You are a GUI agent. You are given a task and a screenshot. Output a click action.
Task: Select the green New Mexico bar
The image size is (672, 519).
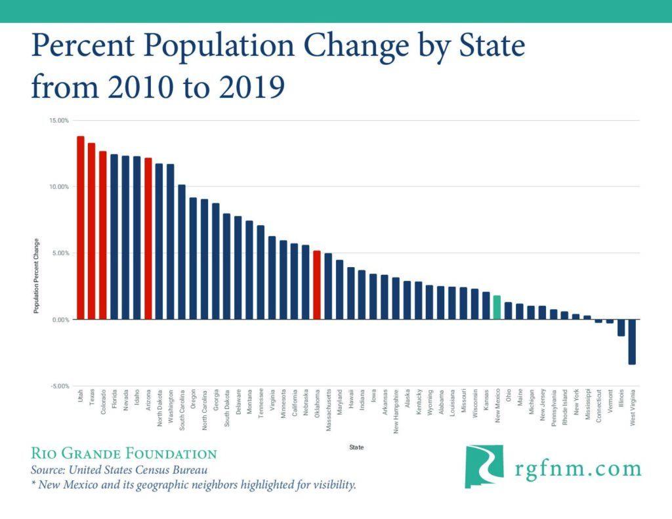(497, 307)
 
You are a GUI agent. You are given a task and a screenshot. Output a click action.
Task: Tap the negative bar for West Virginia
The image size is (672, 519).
(632, 341)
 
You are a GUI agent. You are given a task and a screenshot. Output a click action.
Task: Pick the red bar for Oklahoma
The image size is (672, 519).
(317, 285)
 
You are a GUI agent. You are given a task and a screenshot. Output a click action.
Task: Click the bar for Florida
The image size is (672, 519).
(114, 237)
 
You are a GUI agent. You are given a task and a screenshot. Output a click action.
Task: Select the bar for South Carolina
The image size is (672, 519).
(182, 252)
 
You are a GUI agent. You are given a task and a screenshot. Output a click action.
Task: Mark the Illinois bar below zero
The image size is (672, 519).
(621, 327)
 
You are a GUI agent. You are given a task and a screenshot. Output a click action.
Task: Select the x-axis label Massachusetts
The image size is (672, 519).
(328, 412)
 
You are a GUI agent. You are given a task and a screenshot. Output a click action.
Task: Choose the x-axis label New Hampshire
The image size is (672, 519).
(396, 413)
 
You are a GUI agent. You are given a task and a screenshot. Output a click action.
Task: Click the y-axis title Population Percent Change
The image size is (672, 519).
(37, 276)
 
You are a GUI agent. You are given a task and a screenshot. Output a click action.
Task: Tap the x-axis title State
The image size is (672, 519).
(357, 447)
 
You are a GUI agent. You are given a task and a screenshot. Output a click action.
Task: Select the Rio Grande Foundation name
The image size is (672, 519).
(124, 453)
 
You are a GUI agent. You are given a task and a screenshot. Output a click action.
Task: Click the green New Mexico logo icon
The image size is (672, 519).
(484, 467)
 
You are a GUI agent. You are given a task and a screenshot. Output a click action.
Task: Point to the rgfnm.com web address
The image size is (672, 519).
(577, 468)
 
